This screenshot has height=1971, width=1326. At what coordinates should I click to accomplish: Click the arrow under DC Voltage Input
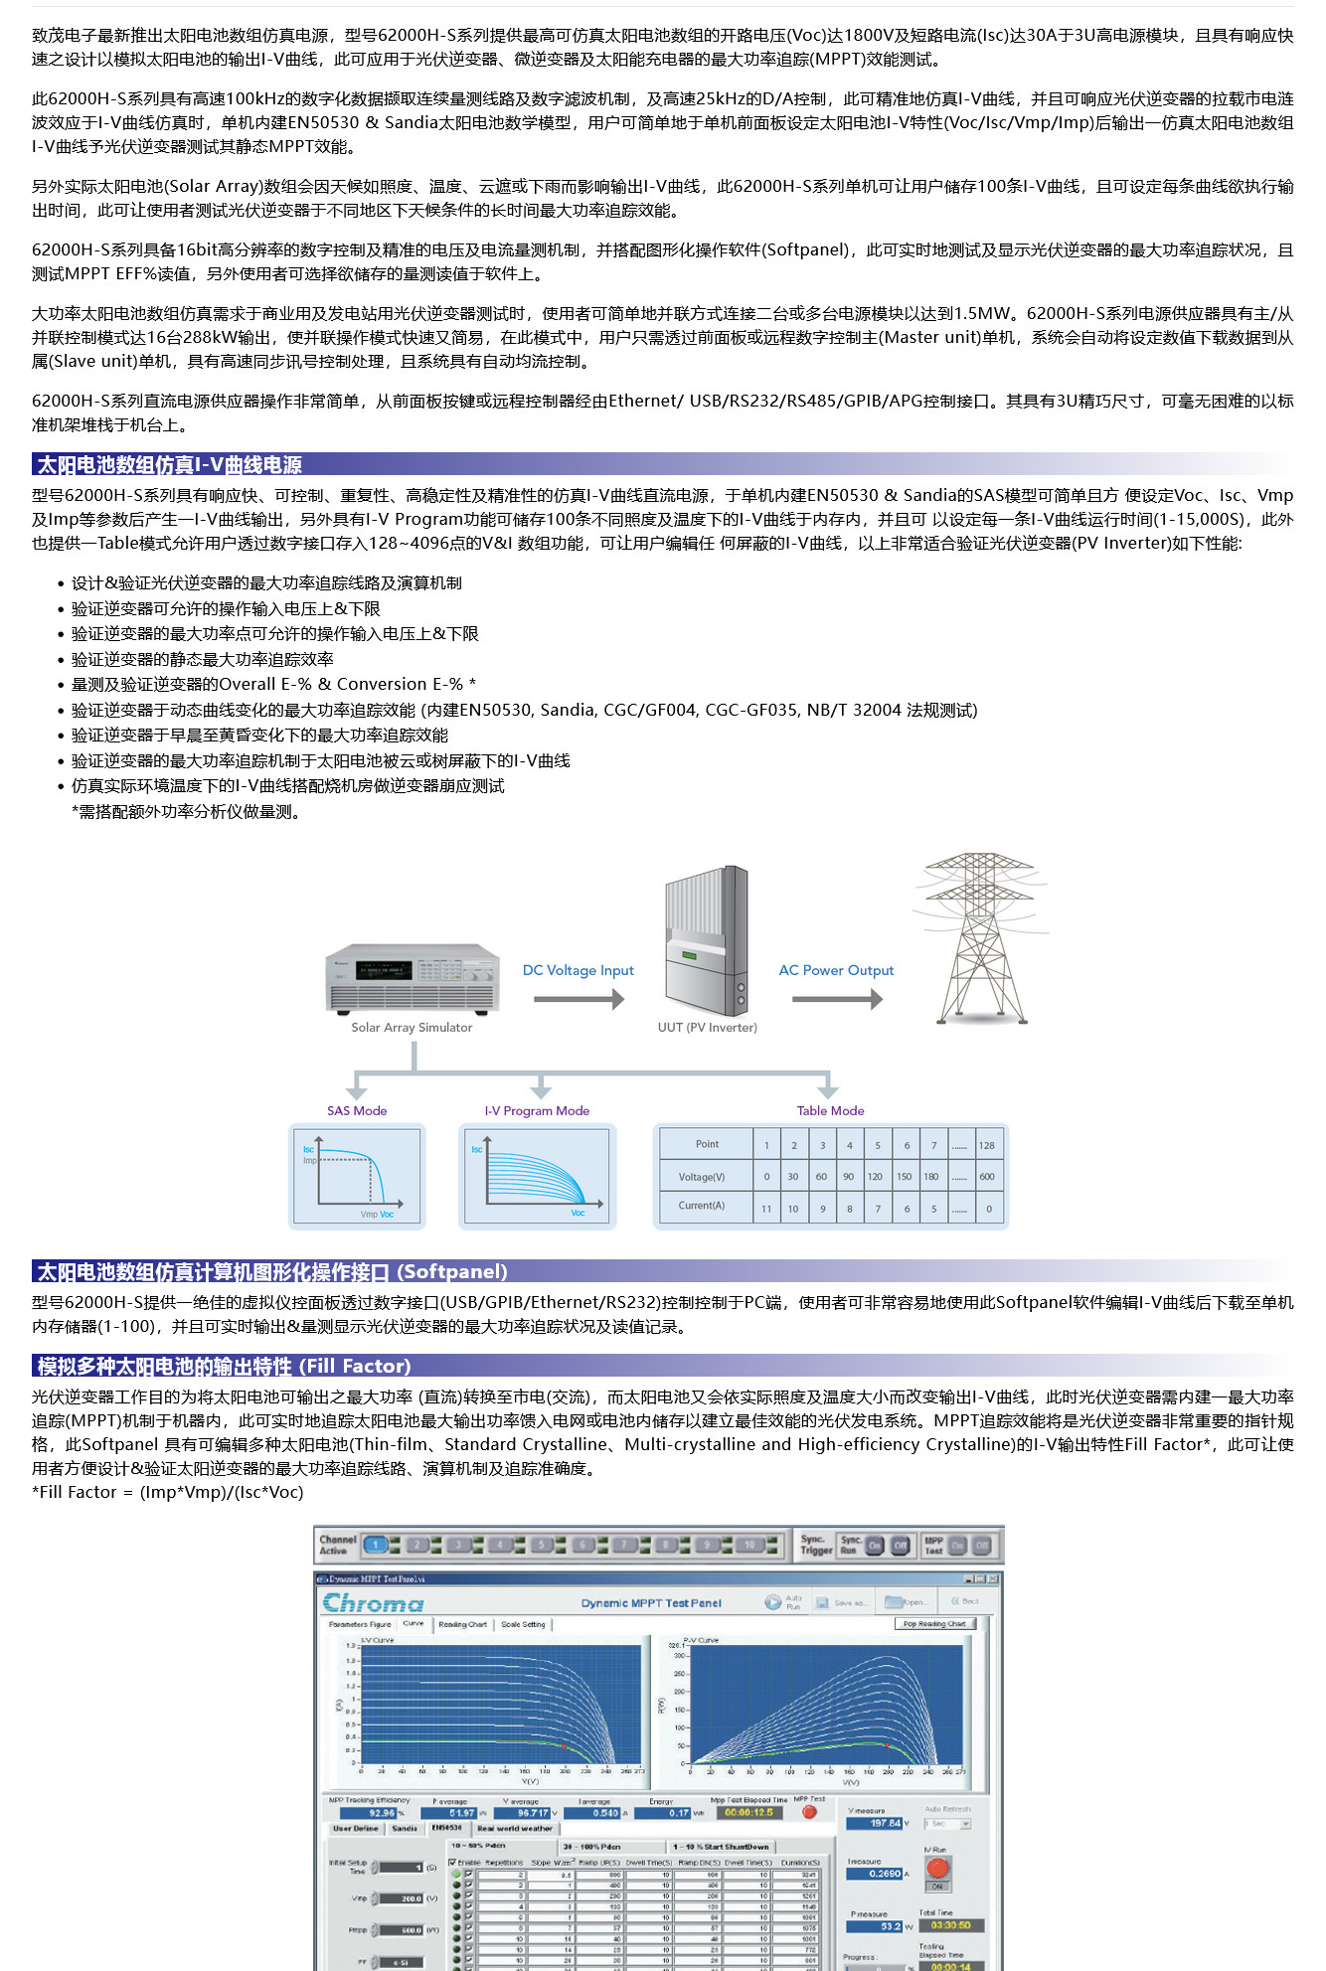pyautogui.click(x=579, y=998)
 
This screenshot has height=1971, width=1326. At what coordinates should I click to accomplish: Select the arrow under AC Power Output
pyautogui.click(x=837, y=998)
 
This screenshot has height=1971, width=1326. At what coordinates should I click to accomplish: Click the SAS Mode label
pyautogui.click(x=357, y=1110)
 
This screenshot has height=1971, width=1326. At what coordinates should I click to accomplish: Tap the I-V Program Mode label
pyautogui.click(x=537, y=1110)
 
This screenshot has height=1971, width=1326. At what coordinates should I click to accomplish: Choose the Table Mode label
pyautogui.click(x=830, y=1110)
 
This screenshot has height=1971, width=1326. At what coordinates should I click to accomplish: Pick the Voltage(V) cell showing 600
pyautogui.click(x=986, y=1177)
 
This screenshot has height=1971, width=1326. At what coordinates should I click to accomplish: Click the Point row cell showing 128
pyautogui.click(x=986, y=1145)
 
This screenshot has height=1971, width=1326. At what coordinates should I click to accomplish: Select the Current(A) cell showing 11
pyautogui.click(x=766, y=1209)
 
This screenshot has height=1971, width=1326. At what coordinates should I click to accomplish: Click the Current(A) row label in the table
pyautogui.click(x=702, y=1206)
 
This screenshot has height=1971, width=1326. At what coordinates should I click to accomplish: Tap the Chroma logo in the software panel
pyautogui.click(x=373, y=1603)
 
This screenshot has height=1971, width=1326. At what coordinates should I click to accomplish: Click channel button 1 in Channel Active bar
pyautogui.click(x=375, y=1545)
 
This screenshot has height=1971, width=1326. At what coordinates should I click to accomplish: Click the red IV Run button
pyautogui.click(x=936, y=1868)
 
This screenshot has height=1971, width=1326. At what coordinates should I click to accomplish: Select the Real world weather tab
pyautogui.click(x=514, y=1828)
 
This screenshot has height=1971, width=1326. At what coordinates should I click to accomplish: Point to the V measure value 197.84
pyautogui.click(x=876, y=1823)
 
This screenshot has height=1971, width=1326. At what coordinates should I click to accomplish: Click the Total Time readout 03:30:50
pyautogui.click(x=951, y=1925)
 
